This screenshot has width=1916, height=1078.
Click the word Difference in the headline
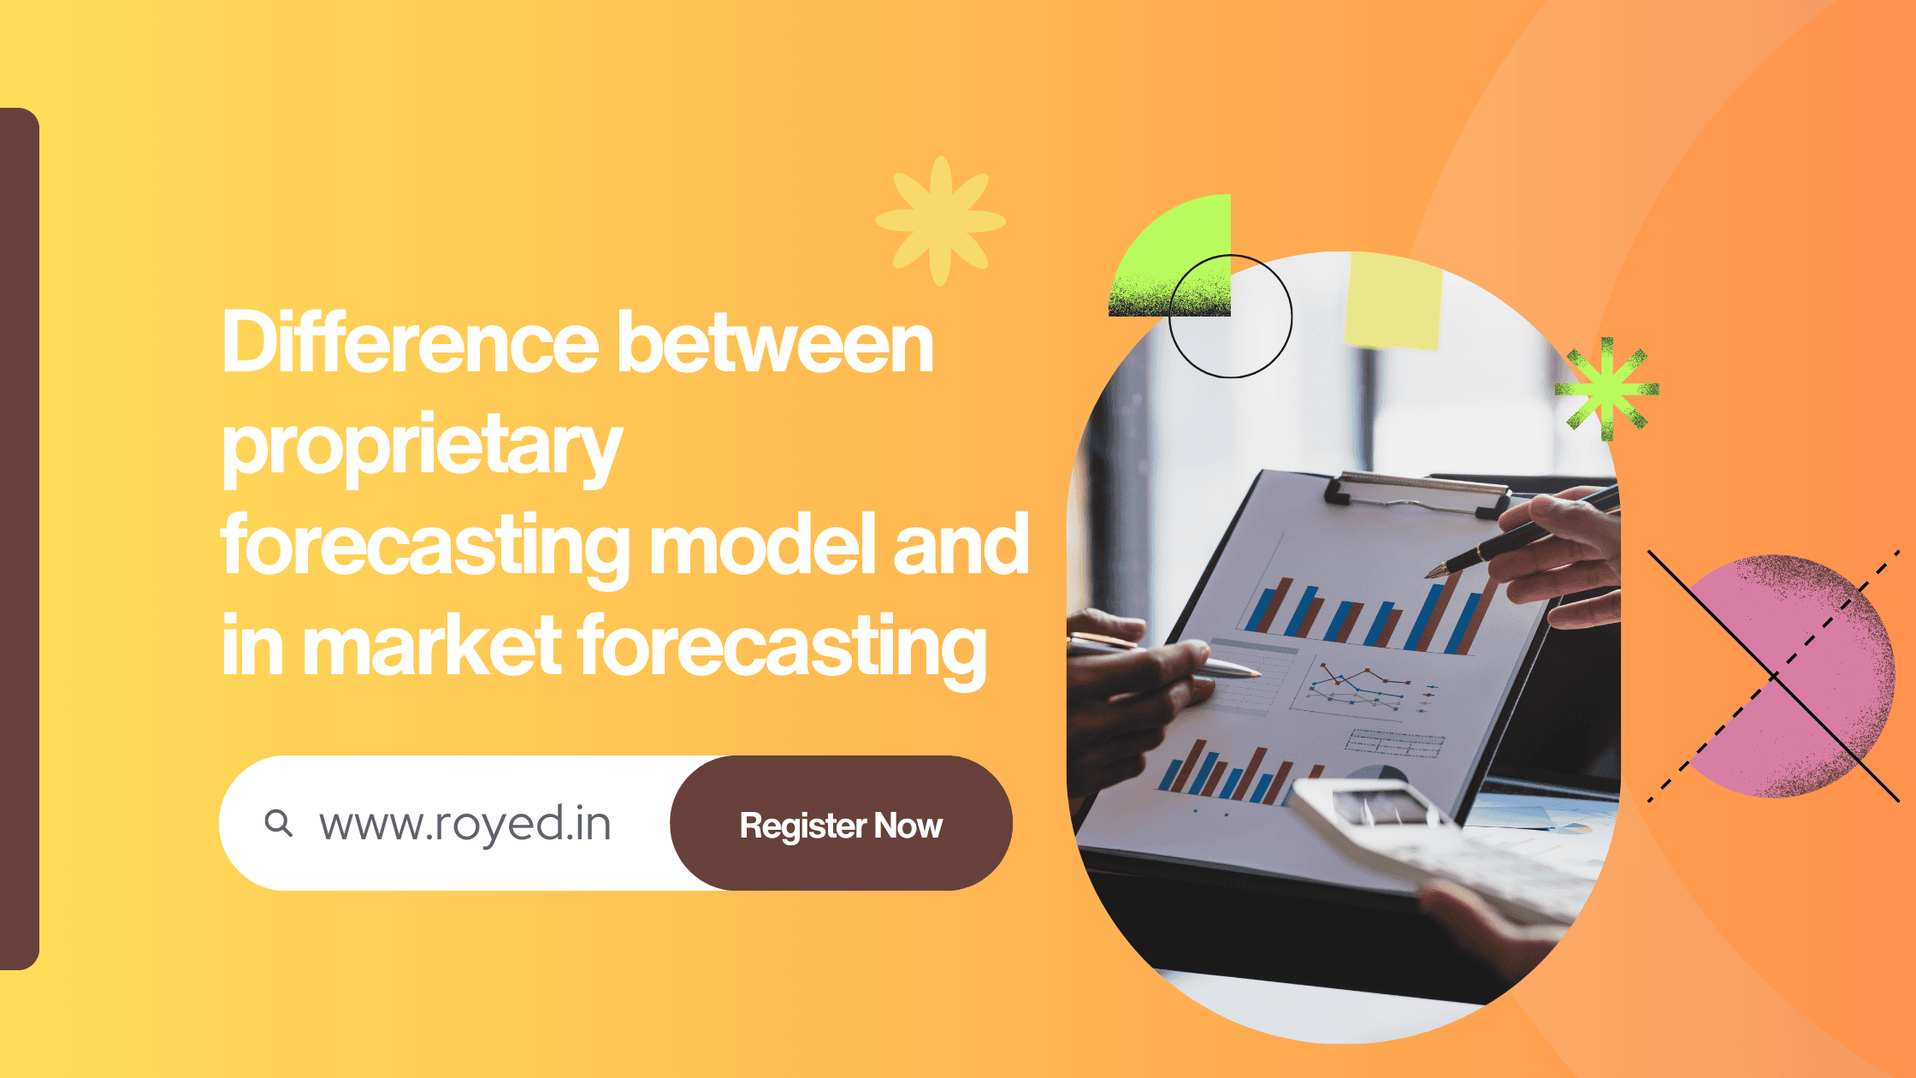(x=410, y=342)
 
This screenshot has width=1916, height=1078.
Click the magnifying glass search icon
(x=278, y=823)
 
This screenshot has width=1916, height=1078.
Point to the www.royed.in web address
(x=465, y=825)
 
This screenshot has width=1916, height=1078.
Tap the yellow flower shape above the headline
(x=941, y=221)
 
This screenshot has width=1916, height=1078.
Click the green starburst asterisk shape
(x=1607, y=389)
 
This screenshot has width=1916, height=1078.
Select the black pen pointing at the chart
(x=1523, y=531)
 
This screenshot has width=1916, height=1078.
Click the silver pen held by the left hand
(x=1163, y=654)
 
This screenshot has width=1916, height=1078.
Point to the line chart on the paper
(x=1358, y=690)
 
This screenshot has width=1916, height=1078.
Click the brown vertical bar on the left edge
(x=19, y=539)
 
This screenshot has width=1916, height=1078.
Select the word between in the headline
(x=775, y=342)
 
